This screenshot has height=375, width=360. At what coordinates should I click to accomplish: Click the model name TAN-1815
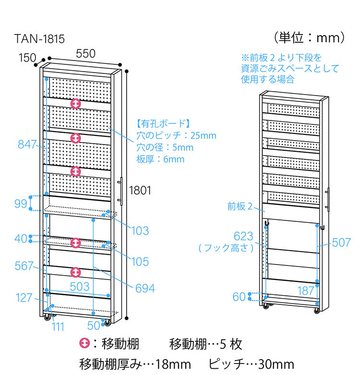tap(39, 39)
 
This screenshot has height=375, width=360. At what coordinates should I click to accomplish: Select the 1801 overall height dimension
tap(140, 191)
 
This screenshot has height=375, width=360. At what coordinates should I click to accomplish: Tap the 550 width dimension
tap(85, 54)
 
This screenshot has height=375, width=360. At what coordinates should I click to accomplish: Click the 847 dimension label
tap(28, 144)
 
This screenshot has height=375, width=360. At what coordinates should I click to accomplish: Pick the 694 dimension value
tap(145, 288)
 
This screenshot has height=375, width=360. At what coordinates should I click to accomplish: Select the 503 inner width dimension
tap(80, 287)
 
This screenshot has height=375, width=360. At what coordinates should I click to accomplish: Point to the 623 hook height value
tap(243, 236)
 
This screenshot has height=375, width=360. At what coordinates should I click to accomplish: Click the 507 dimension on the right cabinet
tap(341, 242)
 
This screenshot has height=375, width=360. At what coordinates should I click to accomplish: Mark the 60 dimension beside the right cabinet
tap(239, 297)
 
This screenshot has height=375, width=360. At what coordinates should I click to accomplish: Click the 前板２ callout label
tap(240, 207)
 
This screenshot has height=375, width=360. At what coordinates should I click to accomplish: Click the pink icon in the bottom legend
tap(84, 344)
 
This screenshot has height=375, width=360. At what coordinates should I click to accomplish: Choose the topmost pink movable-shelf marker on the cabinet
tap(75, 104)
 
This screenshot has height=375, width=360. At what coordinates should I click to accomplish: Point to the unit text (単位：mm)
tap(309, 37)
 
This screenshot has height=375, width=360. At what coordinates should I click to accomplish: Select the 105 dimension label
tap(139, 262)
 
